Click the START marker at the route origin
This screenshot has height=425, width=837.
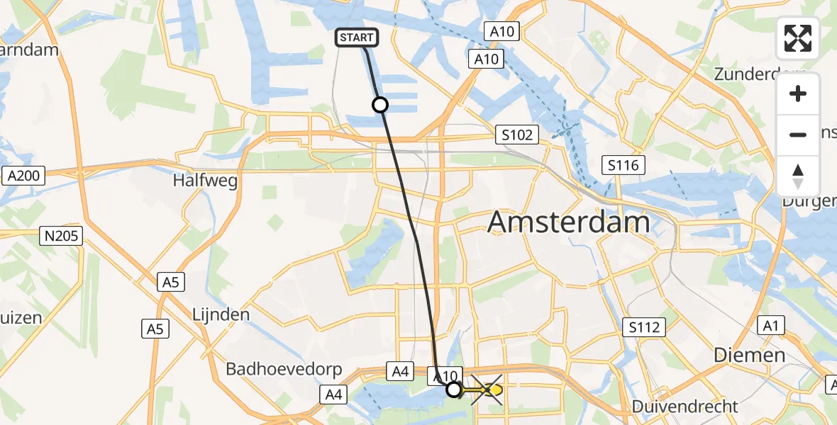[357, 38]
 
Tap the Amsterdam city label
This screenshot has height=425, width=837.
[569, 222]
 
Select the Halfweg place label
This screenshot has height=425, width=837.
[205, 181]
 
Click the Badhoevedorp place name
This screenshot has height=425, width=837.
[284, 369]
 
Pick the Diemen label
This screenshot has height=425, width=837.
[749, 355]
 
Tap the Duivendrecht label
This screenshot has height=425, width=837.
[686, 407]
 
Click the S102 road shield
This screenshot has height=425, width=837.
[517, 135]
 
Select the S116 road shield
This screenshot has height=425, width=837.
[623, 166]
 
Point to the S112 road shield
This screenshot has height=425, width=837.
[644, 327]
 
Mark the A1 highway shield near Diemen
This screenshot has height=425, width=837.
[770, 326]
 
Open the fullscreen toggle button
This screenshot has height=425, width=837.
[798, 38]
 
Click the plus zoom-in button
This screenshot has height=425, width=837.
[798, 93]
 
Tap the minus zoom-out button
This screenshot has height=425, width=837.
[798, 135]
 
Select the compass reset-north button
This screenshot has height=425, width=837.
[798, 176]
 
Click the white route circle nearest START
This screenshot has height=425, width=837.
[380, 105]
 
